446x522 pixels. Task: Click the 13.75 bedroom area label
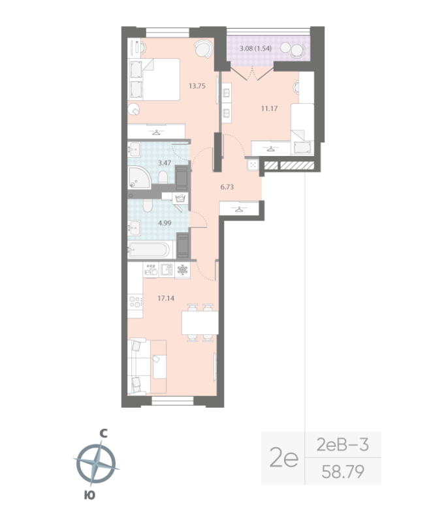pyautogui.click(x=197, y=85)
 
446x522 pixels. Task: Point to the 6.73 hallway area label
pyautogui.click(x=227, y=187)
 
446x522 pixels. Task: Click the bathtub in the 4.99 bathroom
pyautogui.click(x=150, y=249)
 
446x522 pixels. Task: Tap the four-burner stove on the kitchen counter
pyautogui.click(x=136, y=301)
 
